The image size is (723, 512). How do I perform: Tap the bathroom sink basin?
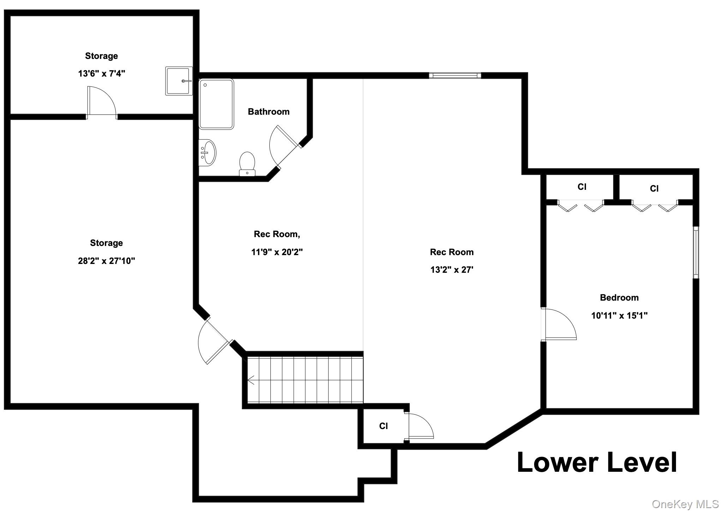coord(208,152)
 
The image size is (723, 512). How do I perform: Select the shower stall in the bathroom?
coord(216,104)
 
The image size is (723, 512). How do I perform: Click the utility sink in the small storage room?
coord(179,81)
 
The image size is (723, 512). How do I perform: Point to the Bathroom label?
coord(269,112)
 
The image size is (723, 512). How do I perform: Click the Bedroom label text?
coord(619,297)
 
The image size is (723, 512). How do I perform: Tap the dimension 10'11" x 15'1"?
coord(619,315)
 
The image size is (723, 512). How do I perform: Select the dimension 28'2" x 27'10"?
coord(106,261)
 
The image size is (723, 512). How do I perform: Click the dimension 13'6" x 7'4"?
coord(102,73)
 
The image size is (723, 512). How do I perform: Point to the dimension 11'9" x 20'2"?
coord(277,252)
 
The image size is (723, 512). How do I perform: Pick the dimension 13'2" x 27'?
coord(452,270)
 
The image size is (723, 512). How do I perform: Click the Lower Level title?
coord(597,462)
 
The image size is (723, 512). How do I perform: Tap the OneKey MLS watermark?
coord(685,504)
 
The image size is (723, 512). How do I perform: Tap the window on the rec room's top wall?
coord(455,75)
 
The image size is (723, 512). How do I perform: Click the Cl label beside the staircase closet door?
coord(383,426)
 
